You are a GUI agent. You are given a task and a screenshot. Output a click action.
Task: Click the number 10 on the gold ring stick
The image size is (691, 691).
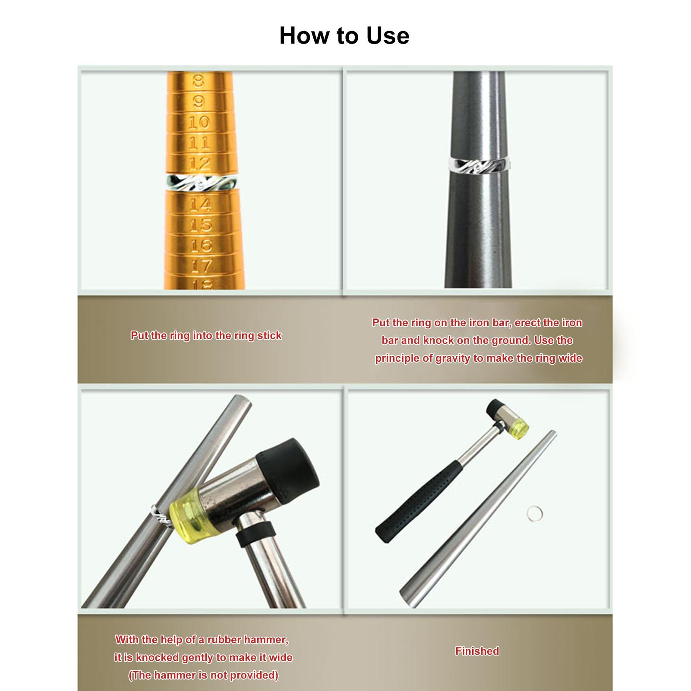(199, 123)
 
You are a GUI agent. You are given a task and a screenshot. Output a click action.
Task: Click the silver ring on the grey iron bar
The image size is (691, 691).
(479, 164)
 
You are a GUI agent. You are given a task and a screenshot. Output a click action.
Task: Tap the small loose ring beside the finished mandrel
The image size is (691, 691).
(534, 514)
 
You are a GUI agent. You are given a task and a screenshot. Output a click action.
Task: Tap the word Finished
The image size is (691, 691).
(477, 651)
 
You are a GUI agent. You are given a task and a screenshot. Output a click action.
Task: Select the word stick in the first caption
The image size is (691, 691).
(269, 335)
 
